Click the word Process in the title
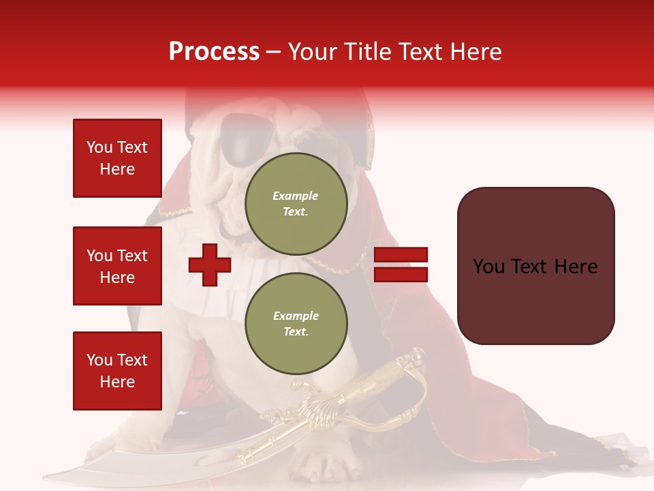(214, 52)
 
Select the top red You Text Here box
(117, 158)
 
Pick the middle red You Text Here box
(117, 266)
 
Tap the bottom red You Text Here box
(117, 371)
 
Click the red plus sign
(210, 265)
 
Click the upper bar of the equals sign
(401, 255)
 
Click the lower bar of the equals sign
(401, 274)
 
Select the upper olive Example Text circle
(296, 203)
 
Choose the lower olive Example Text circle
(296, 323)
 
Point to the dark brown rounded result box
(535, 266)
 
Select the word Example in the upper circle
(296, 196)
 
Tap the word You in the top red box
(98, 147)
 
